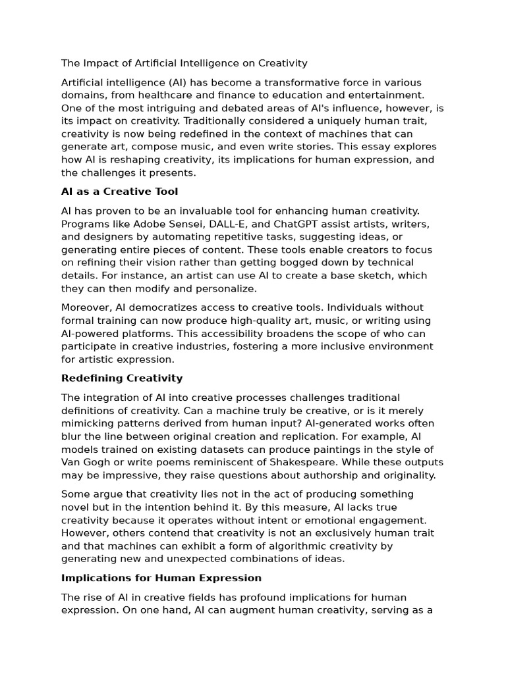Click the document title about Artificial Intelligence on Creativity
point(184,63)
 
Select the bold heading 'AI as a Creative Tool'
point(119,192)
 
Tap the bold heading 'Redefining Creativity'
point(122,378)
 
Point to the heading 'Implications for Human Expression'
point(161,578)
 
